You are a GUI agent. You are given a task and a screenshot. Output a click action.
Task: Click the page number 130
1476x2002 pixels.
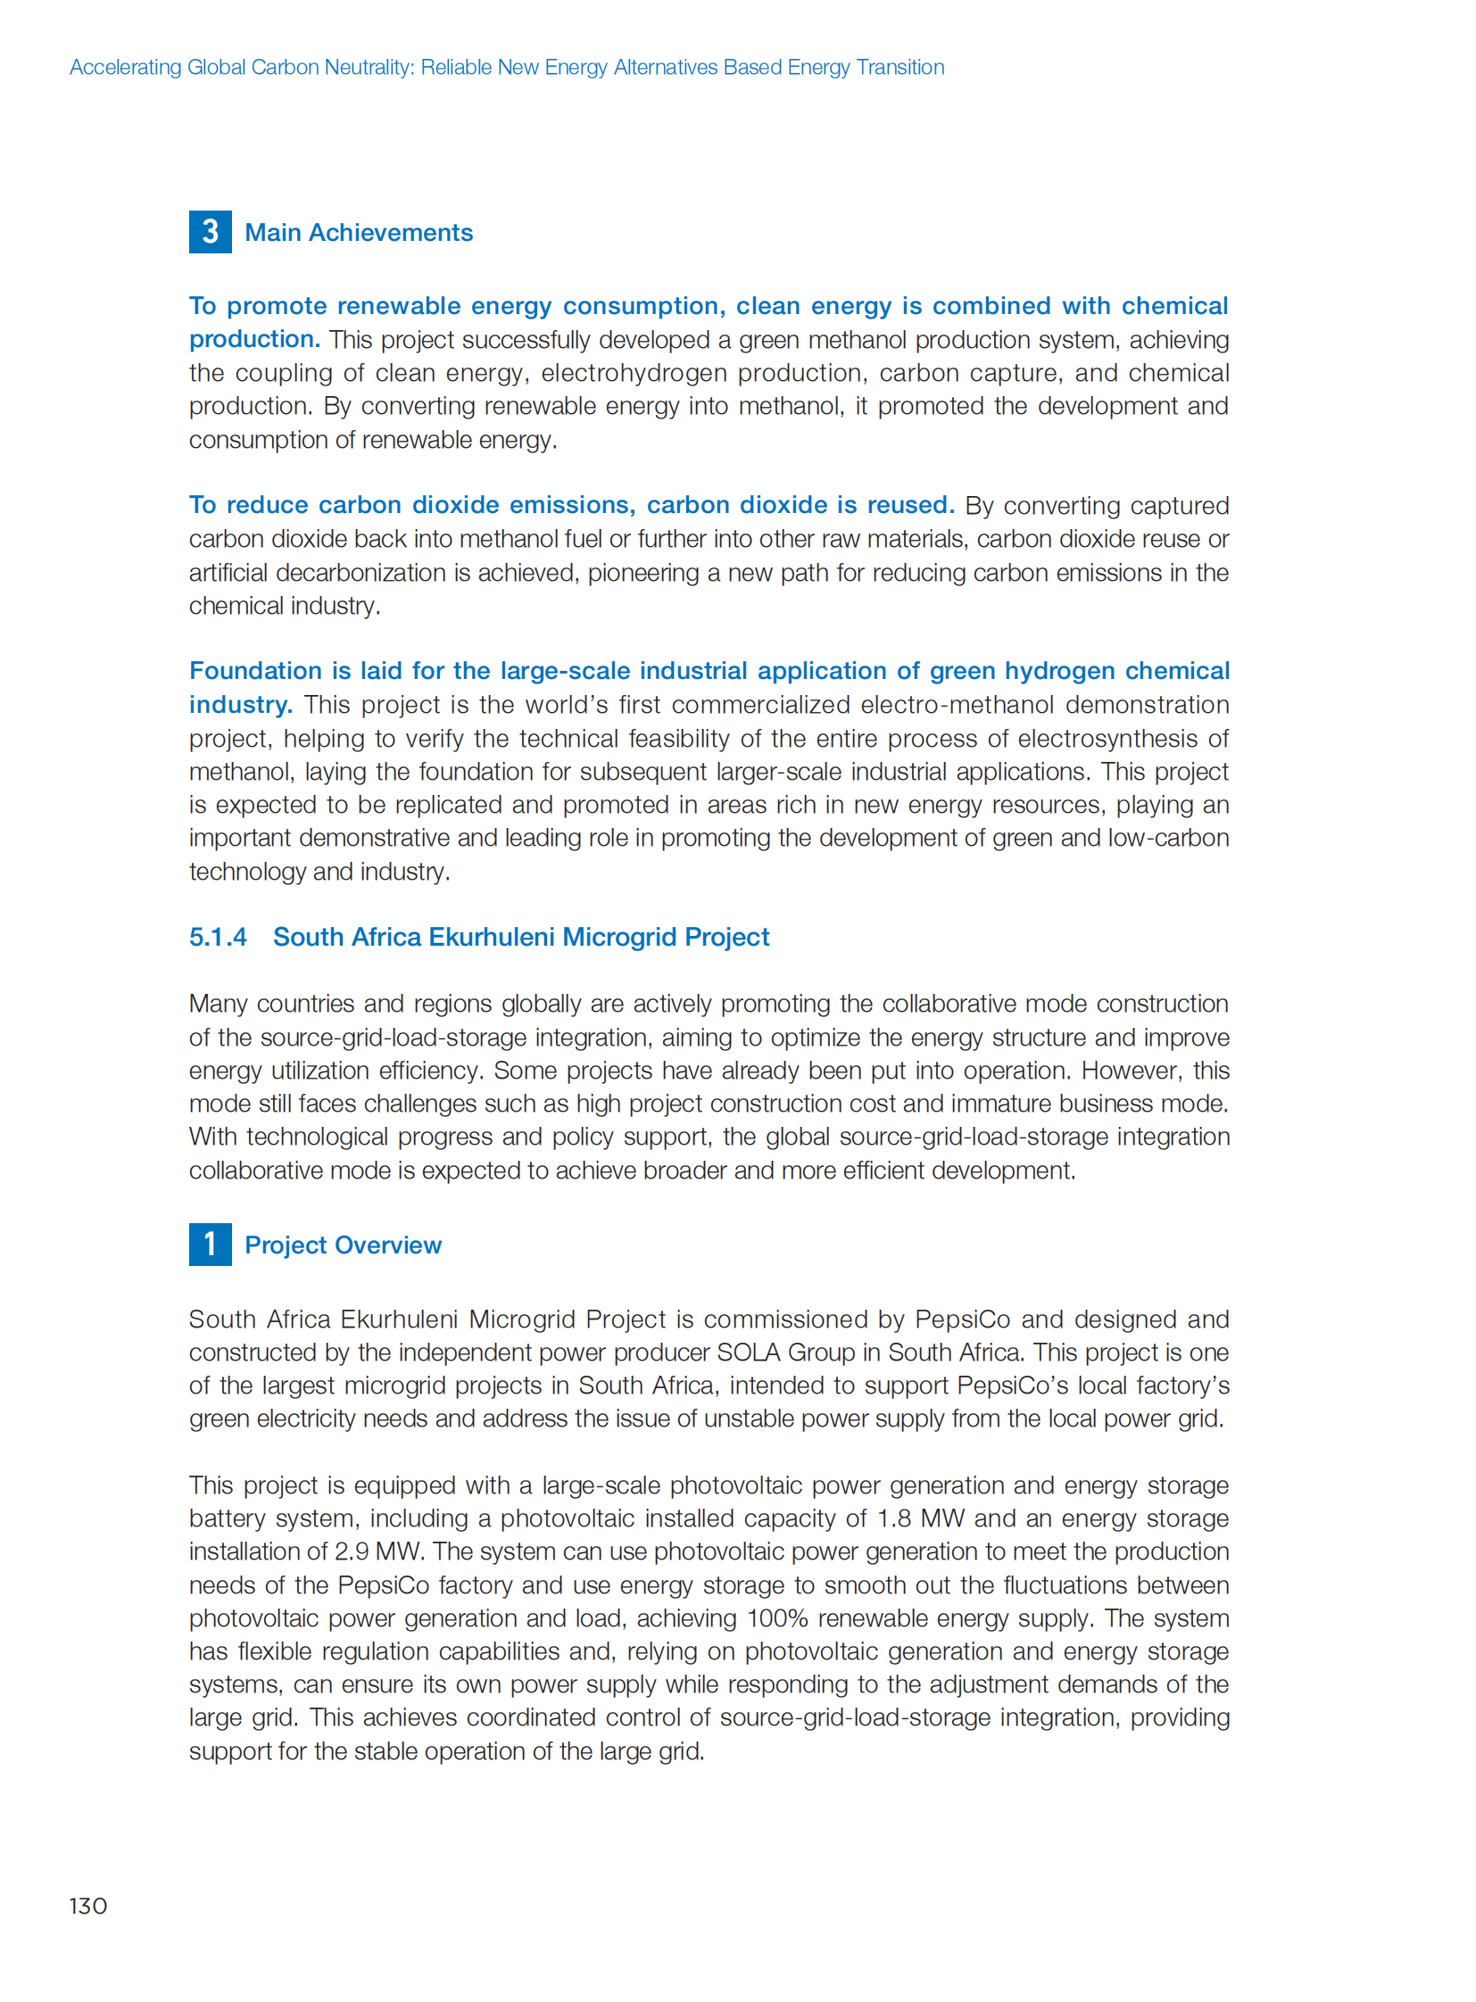pyautogui.click(x=87, y=1906)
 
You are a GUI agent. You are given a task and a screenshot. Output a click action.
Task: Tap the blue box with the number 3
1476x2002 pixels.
pyautogui.click(x=210, y=232)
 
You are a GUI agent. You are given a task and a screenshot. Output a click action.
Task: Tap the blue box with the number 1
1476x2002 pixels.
pyautogui.click(x=210, y=1245)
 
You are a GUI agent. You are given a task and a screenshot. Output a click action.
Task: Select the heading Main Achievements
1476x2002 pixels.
pyautogui.click(x=358, y=233)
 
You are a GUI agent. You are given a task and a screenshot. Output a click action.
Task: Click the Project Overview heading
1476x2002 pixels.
pyautogui.click(x=343, y=1245)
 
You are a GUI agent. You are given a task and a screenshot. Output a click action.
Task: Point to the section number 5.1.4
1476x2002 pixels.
pyautogui.click(x=217, y=937)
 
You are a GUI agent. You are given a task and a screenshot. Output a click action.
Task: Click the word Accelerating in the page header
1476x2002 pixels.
pyautogui.click(x=125, y=68)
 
